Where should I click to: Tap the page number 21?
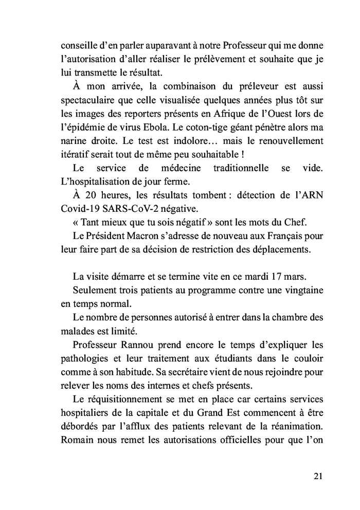pos(317,476)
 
